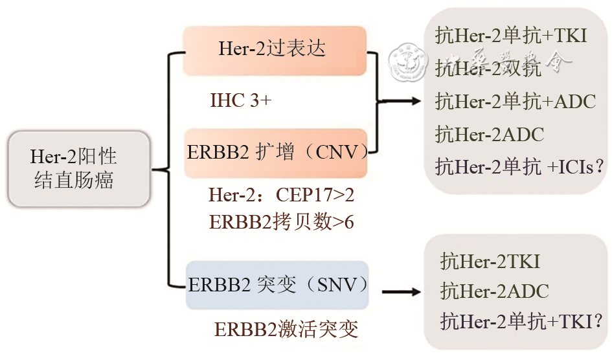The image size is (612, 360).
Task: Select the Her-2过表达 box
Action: pos(275,50)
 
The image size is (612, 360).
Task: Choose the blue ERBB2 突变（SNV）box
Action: pos(278,285)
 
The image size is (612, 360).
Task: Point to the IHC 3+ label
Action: pos(241,101)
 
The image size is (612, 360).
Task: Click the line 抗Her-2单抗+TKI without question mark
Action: pos(512,36)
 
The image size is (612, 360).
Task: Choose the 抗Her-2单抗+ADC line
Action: pos(516,102)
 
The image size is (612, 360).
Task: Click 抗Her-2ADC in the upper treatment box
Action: pos(490,135)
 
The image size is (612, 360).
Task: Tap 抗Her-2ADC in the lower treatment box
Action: pos(494,291)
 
